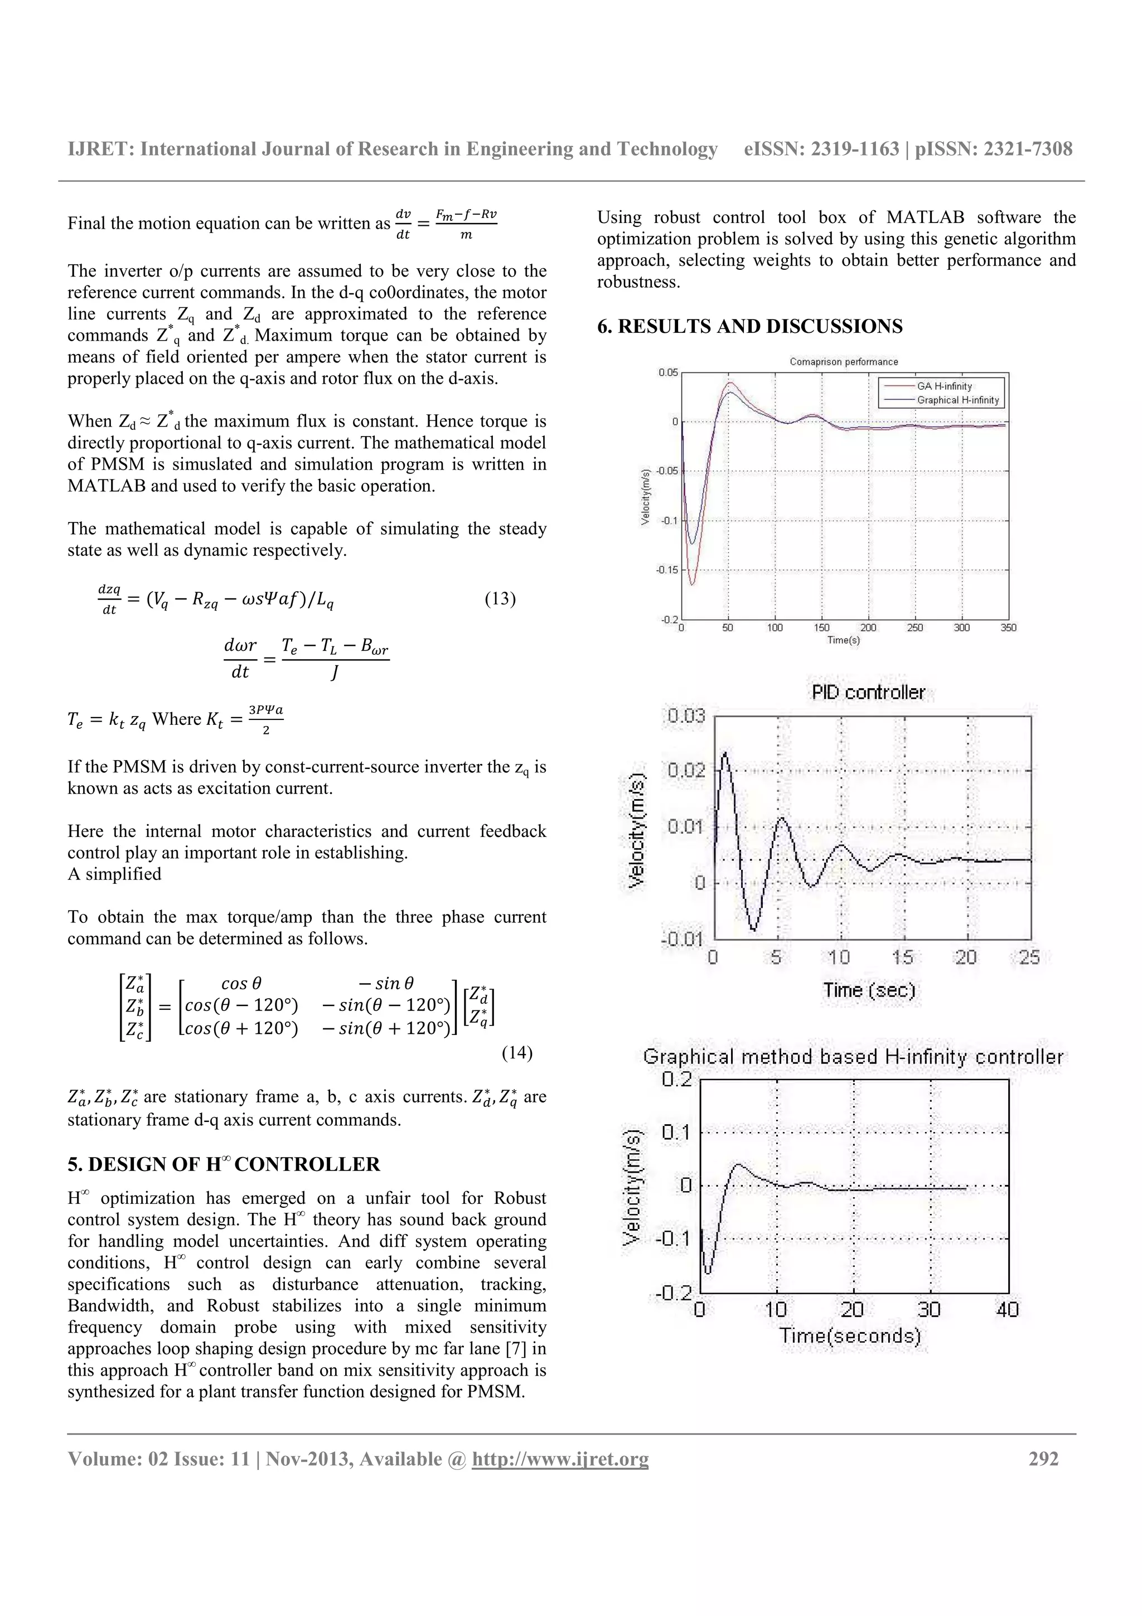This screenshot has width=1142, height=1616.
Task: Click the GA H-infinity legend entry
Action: tap(943, 386)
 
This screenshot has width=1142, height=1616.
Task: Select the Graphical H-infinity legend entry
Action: tap(957, 400)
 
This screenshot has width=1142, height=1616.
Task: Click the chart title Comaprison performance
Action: tap(844, 362)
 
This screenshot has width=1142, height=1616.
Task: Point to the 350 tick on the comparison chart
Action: tap(1008, 628)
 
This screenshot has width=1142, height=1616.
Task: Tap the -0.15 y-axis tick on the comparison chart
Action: tap(666, 569)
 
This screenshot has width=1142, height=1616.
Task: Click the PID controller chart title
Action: tap(868, 693)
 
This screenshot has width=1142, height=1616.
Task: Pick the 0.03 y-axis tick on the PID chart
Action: tap(686, 717)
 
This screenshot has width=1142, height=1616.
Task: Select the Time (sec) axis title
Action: tap(869, 990)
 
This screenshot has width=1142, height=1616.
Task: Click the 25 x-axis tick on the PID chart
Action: tap(1029, 957)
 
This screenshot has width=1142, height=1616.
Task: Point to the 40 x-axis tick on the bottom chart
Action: tap(1007, 1310)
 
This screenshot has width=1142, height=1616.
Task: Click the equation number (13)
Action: tap(500, 599)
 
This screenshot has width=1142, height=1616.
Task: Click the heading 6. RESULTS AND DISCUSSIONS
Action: tap(749, 327)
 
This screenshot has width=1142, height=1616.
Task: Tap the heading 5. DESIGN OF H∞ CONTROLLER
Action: tap(224, 1164)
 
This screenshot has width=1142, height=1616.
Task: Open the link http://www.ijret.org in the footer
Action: tap(560, 1459)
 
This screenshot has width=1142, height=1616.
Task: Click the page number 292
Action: tap(1043, 1459)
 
